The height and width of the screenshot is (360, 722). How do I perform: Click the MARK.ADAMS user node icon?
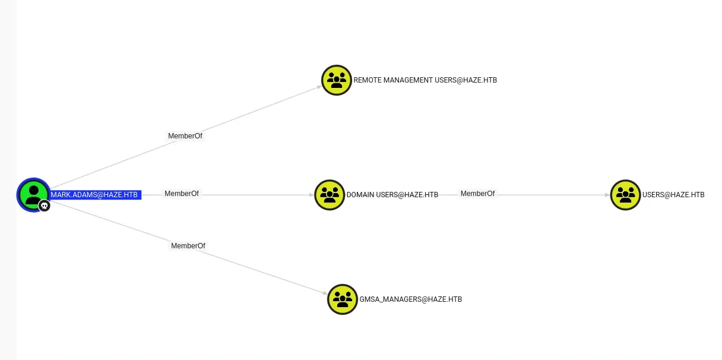click(33, 194)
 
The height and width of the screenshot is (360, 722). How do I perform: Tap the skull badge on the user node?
click(45, 206)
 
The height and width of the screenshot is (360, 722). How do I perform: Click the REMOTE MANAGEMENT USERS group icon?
click(337, 80)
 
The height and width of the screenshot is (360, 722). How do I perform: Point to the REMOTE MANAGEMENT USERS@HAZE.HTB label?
click(425, 80)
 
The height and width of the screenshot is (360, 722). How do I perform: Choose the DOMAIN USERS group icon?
click(330, 195)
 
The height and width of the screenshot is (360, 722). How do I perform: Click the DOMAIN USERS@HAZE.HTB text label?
click(392, 195)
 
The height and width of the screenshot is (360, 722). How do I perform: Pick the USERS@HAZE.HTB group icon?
click(625, 195)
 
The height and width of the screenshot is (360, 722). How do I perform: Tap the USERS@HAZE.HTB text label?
click(673, 195)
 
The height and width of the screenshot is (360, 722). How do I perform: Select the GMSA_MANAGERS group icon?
click(343, 299)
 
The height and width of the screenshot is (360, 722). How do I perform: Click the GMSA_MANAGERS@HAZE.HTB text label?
click(411, 299)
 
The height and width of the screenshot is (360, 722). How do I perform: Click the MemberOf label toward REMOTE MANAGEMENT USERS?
click(185, 136)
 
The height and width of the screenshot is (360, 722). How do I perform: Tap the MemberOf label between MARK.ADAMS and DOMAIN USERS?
click(182, 194)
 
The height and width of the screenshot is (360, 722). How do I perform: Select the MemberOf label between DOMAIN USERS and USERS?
click(477, 194)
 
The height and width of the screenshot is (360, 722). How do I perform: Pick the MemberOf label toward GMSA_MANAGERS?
click(188, 246)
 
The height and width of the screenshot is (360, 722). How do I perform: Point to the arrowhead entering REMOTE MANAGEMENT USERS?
click(319, 87)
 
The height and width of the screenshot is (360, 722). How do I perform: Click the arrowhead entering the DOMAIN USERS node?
click(312, 195)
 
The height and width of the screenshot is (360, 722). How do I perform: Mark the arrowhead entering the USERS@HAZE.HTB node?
click(607, 195)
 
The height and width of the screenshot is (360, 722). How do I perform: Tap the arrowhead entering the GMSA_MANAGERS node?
click(325, 293)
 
